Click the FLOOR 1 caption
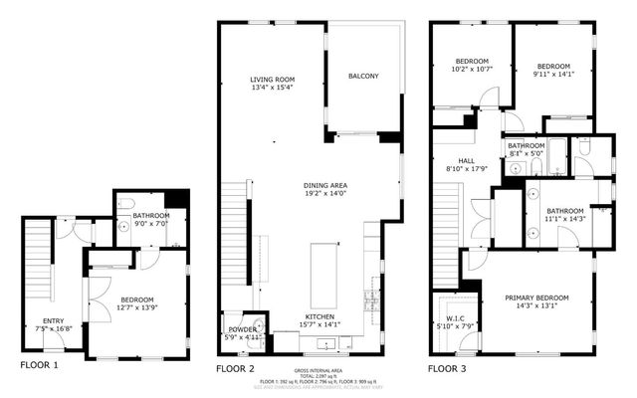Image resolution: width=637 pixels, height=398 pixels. click(39, 366)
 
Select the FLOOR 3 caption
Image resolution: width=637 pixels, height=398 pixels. click(448, 367)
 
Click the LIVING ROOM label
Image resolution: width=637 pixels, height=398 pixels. click(273, 80)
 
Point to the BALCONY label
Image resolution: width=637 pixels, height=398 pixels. click(363, 76)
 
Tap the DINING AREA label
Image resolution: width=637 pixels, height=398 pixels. click(325, 185)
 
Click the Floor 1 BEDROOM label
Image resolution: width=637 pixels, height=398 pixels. click(137, 299)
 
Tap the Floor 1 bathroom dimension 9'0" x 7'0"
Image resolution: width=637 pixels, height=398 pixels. click(145, 223)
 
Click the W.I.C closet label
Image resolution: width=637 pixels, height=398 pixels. click(446, 319)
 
